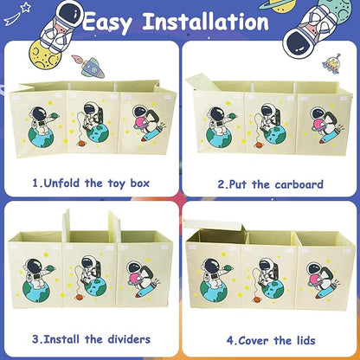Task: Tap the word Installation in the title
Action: coord(206,21)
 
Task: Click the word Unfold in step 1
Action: coord(61,183)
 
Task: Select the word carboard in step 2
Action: coord(299,184)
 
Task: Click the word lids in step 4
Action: coord(306,340)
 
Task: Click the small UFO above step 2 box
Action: coord(331,64)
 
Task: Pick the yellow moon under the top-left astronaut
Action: coord(46,55)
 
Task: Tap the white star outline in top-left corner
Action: coord(26,6)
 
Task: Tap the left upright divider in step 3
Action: coord(66,226)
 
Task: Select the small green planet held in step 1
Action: coord(55,116)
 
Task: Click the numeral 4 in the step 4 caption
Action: coord(230,341)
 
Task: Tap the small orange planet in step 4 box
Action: coord(255,299)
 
